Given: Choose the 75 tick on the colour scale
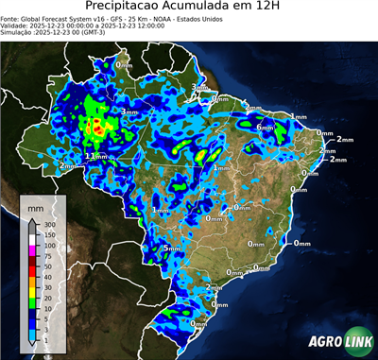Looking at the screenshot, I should pyautogui.click(x=49, y=255).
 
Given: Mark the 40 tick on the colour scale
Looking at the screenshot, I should pyautogui.click(x=49, y=278).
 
